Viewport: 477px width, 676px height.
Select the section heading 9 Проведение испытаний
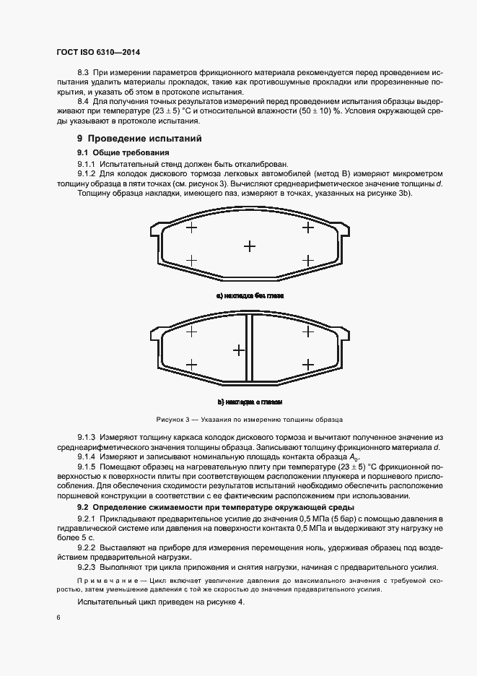(x=129, y=138)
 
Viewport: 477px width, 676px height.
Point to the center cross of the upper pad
(x=250, y=246)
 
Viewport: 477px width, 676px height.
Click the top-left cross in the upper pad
(x=191, y=227)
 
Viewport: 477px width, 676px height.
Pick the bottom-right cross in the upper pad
(x=307, y=261)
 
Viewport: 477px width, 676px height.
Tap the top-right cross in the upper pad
(x=307, y=227)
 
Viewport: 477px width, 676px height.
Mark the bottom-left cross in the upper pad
(x=191, y=261)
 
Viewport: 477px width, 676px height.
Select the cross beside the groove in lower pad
(x=238, y=350)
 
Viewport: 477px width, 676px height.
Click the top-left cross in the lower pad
(x=191, y=331)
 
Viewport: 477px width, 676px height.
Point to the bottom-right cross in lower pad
(x=307, y=364)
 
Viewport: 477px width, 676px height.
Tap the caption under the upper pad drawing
(x=250, y=296)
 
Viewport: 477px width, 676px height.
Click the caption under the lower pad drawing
(x=250, y=402)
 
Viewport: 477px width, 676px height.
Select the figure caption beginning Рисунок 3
(x=249, y=419)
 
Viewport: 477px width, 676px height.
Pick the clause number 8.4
(x=82, y=103)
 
